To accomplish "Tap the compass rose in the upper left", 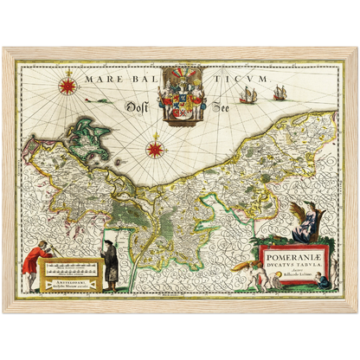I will click(x=66, y=86).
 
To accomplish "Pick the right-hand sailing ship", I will click(x=280, y=92).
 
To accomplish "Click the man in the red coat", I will click(x=33, y=265).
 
